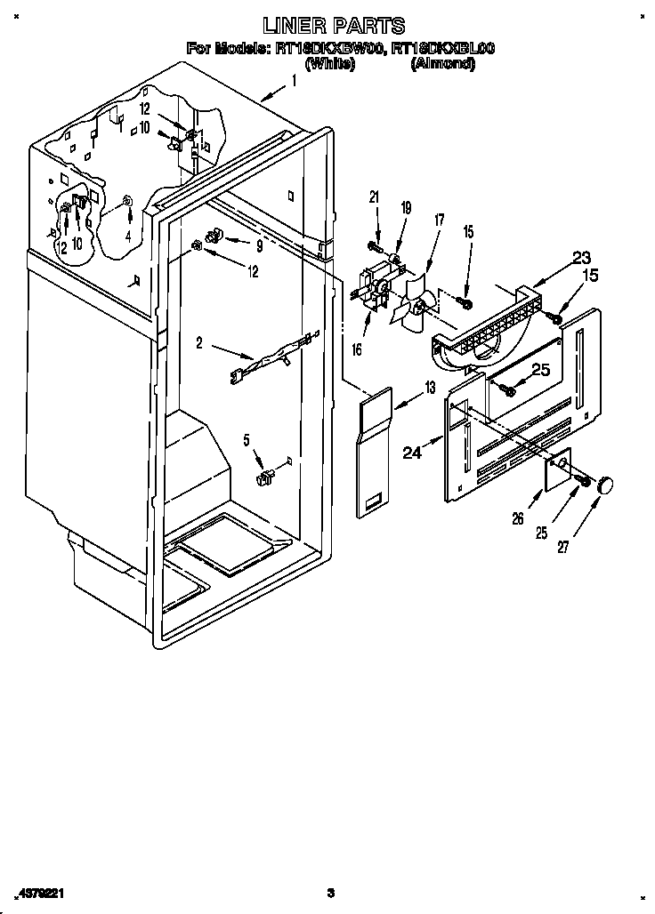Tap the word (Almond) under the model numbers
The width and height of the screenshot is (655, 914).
442,64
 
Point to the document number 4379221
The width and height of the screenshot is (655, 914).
38,893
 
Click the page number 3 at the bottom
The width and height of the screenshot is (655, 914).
330,893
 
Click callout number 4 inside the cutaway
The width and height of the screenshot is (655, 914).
129,237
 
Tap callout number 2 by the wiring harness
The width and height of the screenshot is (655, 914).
199,341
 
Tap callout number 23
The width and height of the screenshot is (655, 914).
581,258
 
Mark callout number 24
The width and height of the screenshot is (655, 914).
411,453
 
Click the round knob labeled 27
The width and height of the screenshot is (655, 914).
607,485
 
